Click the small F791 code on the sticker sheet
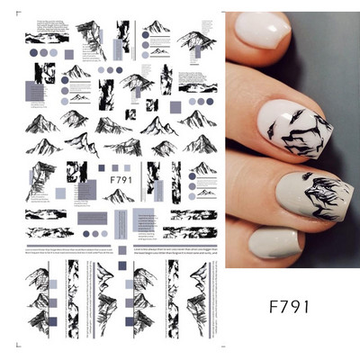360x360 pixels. point(120,178)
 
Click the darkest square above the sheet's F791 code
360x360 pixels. point(102,166)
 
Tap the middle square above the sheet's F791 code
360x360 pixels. point(114,166)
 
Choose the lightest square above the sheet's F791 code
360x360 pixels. point(126,166)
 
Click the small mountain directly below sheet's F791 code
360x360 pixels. point(119,195)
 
